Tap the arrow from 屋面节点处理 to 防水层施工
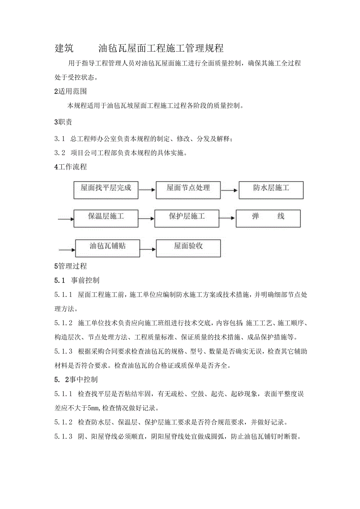[229, 190]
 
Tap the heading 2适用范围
[70, 92]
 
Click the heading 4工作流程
[70, 167]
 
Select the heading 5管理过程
[70, 266]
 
